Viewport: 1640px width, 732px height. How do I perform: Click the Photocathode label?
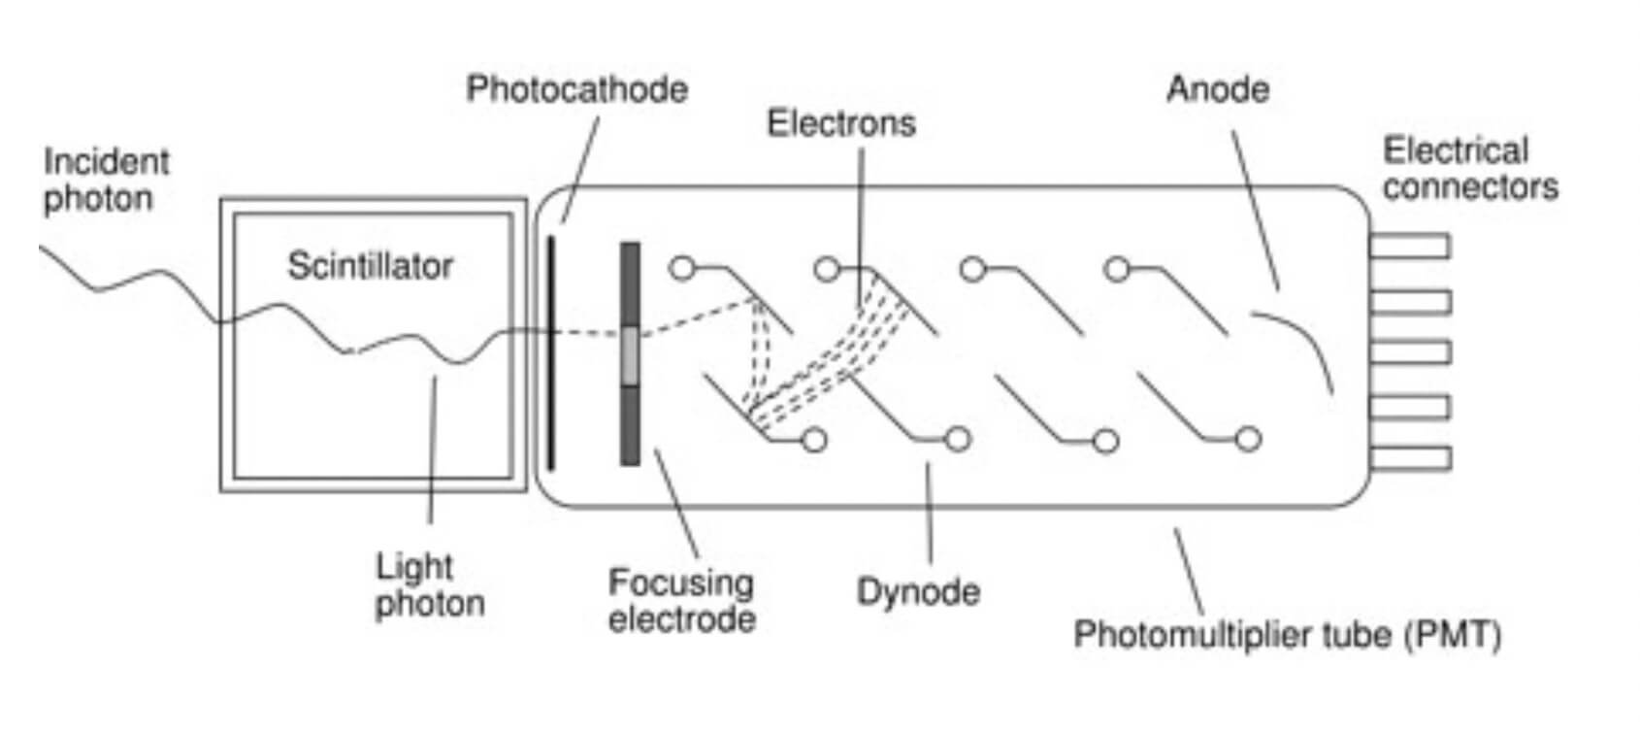tap(576, 89)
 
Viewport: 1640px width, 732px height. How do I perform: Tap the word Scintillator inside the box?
tap(370, 266)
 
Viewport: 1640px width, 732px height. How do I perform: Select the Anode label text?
tap(1218, 89)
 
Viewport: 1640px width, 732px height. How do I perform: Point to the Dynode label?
tap(918, 591)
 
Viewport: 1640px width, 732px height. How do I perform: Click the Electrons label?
tap(840, 123)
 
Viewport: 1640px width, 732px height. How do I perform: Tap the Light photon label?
tap(429, 584)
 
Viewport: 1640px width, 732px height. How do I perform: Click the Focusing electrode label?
tap(681, 601)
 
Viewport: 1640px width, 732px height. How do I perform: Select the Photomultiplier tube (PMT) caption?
tap(1287, 635)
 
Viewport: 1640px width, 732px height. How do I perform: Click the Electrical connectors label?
tap(1469, 169)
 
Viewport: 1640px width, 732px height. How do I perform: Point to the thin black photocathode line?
tap(550, 388)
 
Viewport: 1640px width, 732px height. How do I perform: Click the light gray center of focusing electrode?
tap(631, 354)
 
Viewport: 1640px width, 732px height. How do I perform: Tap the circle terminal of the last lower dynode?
tap(1248, 440)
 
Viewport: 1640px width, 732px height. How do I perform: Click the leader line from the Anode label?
tap(1256, 209)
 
